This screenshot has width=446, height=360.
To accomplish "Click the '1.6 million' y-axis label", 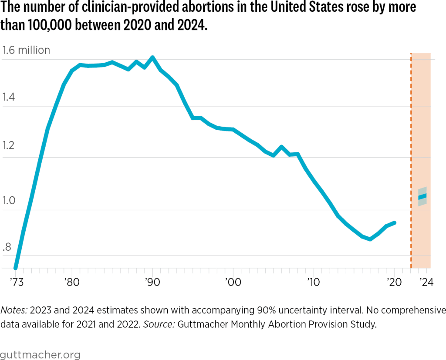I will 26,50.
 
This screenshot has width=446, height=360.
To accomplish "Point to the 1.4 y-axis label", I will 8,97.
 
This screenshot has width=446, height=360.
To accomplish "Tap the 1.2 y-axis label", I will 8,145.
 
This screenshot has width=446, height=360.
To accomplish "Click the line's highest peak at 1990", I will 152,57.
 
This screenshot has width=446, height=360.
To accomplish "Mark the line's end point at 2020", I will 395,222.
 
